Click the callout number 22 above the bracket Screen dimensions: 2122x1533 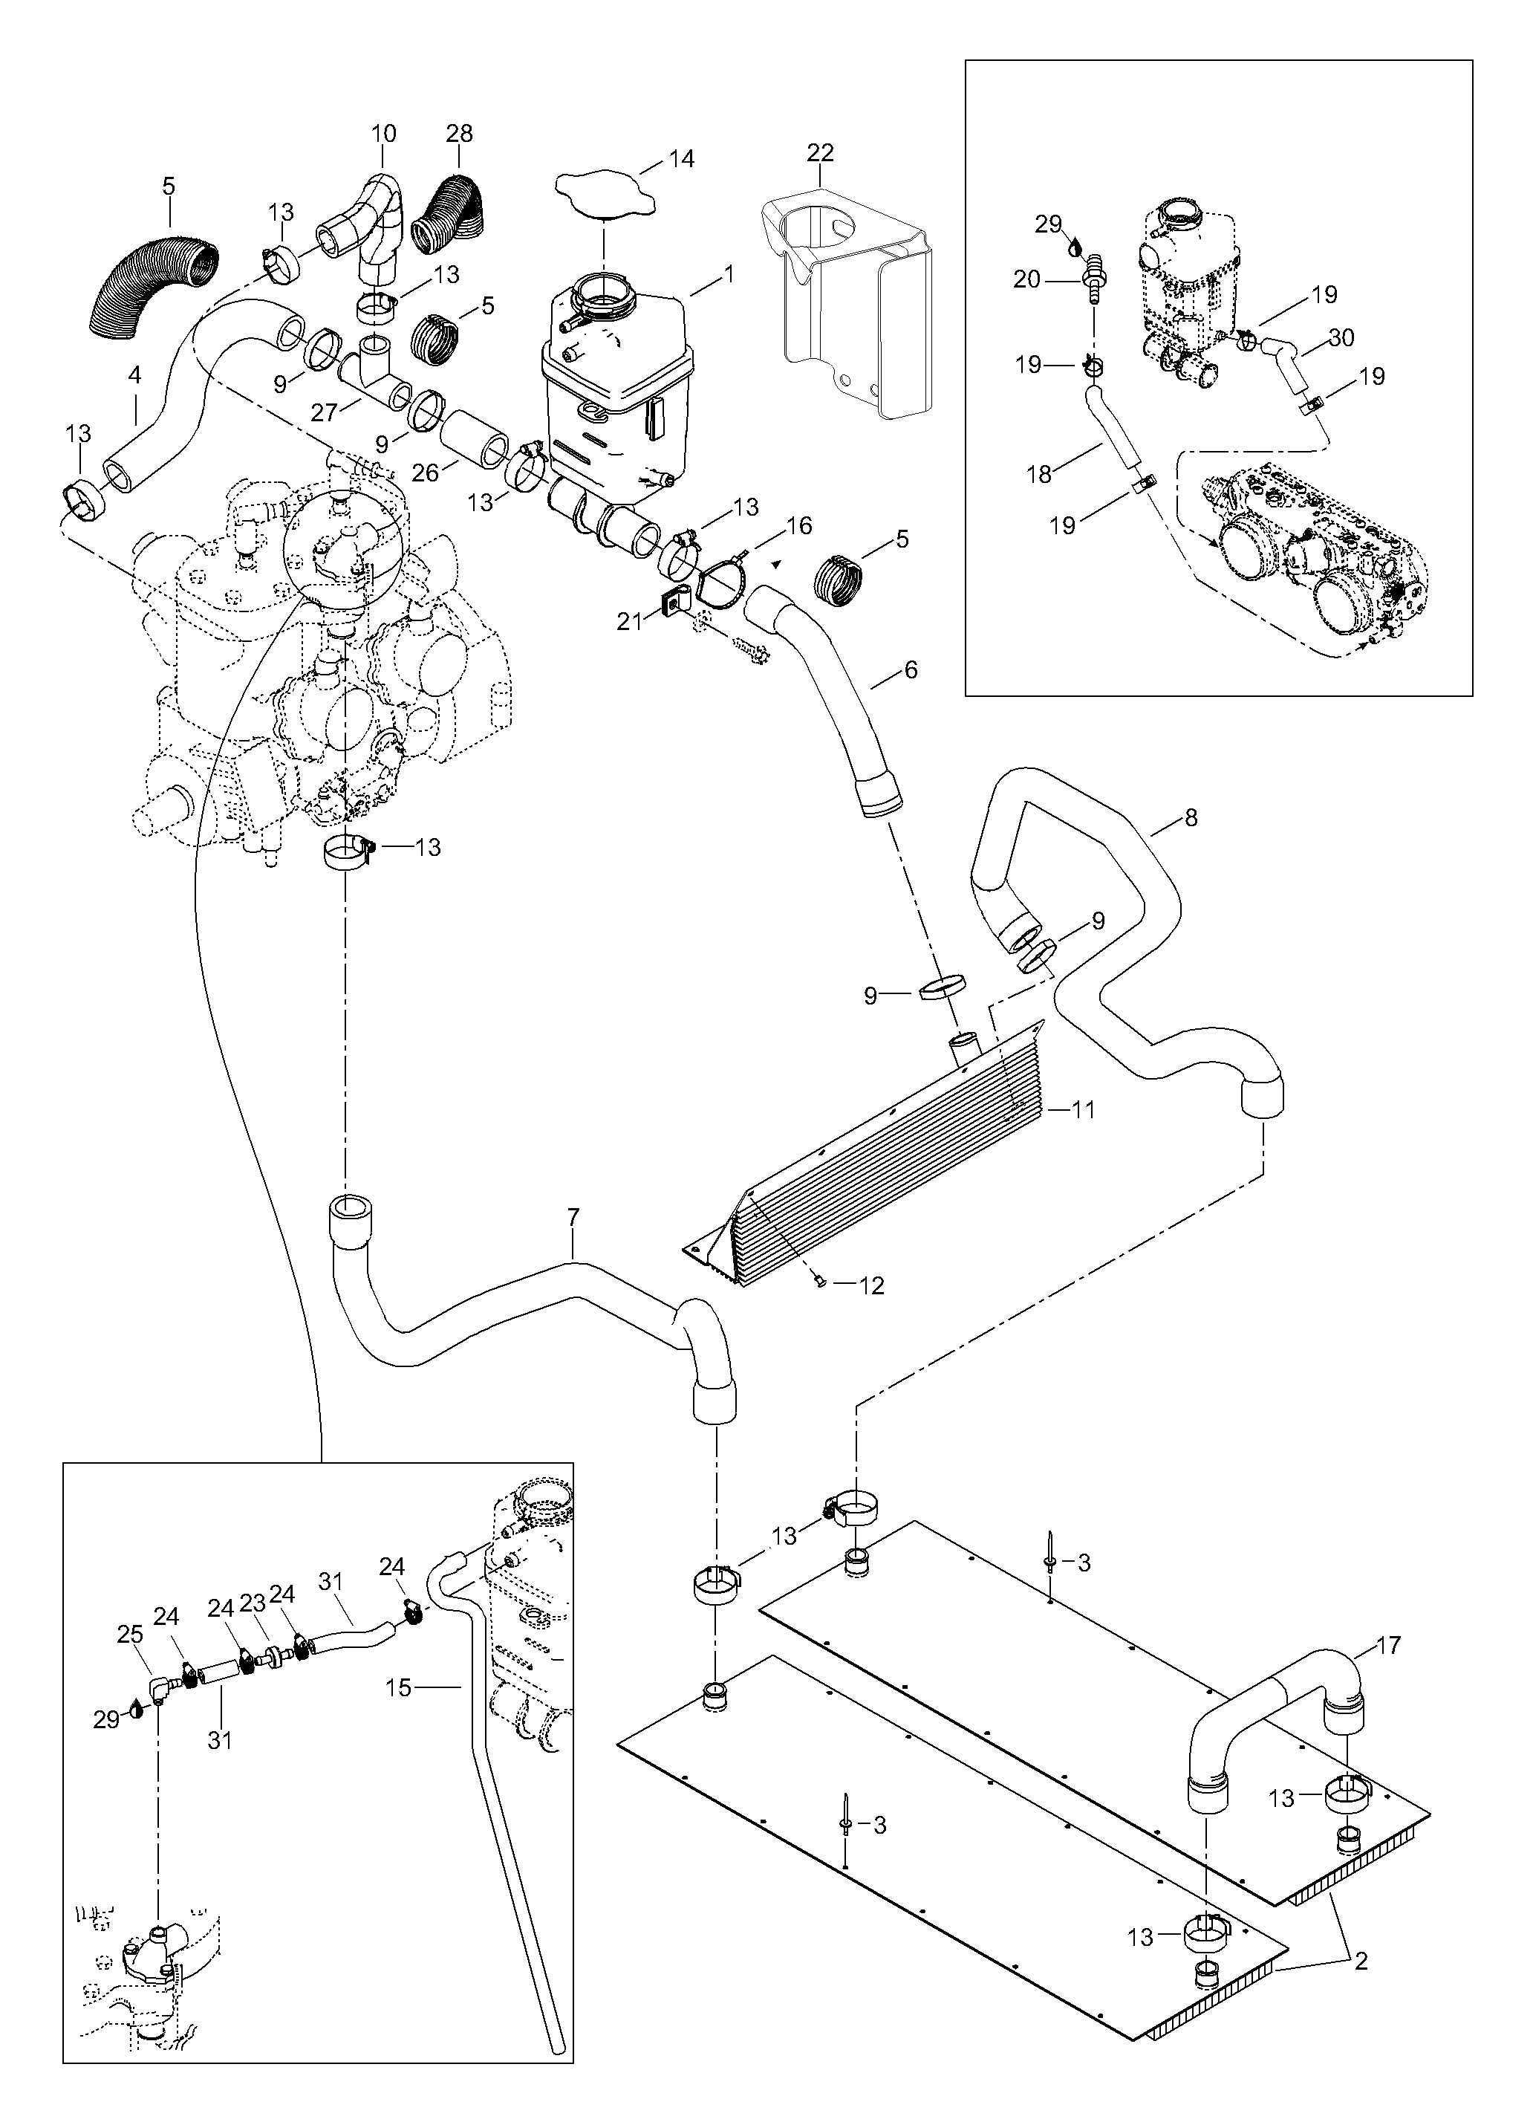[820, 152]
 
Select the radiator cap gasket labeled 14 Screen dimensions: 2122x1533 [603, 198]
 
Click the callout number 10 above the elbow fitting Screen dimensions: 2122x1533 [383, 134]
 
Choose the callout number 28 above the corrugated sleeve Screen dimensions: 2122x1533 [459, 134]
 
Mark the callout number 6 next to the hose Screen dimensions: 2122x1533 [911, 670]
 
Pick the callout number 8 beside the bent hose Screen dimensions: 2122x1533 [1191, 818]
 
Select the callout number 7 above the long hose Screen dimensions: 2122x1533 [573, 1217]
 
